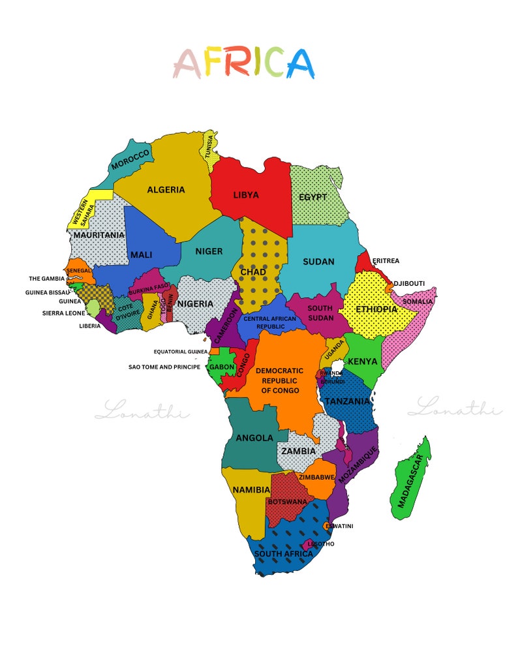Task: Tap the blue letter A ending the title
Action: click(299, 63)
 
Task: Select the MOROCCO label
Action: click(130, 159)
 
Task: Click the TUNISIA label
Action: click(209, 147)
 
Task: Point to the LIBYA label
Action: click(246, 194)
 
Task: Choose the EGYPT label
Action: click(312, 197)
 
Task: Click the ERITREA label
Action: click(386, 261)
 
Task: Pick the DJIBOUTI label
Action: click(409, 283)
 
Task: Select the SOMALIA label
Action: click(418, 301)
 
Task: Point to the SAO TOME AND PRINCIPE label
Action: click(164, 367)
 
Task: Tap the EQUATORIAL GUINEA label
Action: click(181, 352)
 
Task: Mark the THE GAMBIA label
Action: click(47, 279)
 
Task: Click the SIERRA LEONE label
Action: click(63, 313)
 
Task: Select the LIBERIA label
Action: click(90, 326)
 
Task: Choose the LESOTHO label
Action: click(321, 544)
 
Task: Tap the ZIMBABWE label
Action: click(317, 477)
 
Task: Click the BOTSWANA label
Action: click(287, 502)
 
